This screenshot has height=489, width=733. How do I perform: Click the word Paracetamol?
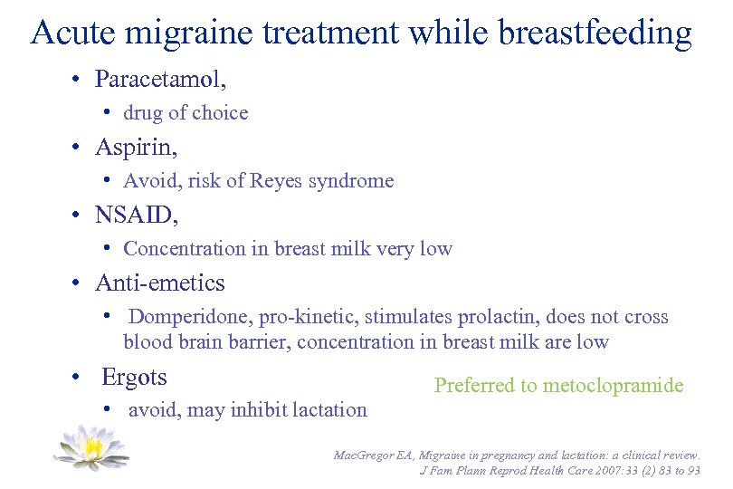point(158,80)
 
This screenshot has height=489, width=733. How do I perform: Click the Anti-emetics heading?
point(160,283)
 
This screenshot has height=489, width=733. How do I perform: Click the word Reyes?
point(279,181)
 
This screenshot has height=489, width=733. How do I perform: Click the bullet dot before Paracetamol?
point(81,81)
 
